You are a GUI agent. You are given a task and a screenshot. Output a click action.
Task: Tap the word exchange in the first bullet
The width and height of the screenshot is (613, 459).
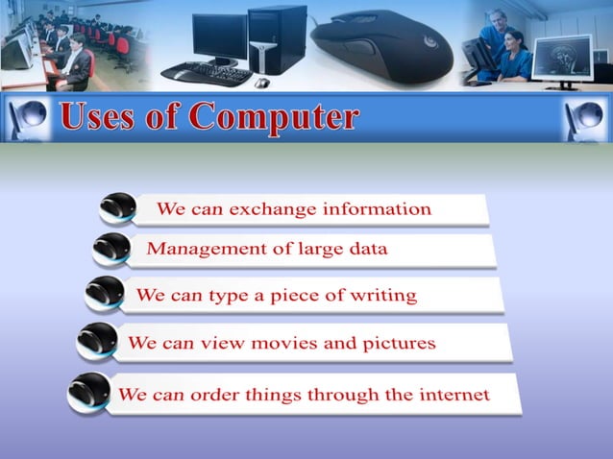point(273,208)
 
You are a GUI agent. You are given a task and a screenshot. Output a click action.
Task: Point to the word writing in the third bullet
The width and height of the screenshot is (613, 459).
point(385,295)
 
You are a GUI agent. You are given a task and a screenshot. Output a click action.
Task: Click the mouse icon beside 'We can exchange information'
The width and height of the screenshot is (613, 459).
point(118,207)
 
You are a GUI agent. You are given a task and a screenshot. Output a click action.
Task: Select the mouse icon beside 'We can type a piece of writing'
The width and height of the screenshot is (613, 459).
point(104,293)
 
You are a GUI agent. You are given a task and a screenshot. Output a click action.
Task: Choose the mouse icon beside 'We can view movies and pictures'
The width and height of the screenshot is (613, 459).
point(96,341)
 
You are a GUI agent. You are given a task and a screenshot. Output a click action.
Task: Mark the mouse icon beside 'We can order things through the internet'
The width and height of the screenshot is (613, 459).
point(88,393)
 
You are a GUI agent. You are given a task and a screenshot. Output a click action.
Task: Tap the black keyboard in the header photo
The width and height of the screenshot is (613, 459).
point(206,73)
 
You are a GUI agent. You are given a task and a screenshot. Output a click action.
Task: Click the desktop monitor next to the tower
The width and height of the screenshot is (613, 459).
point(218,36)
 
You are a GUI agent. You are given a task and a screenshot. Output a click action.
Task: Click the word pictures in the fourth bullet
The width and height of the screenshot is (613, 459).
point(397,343)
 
